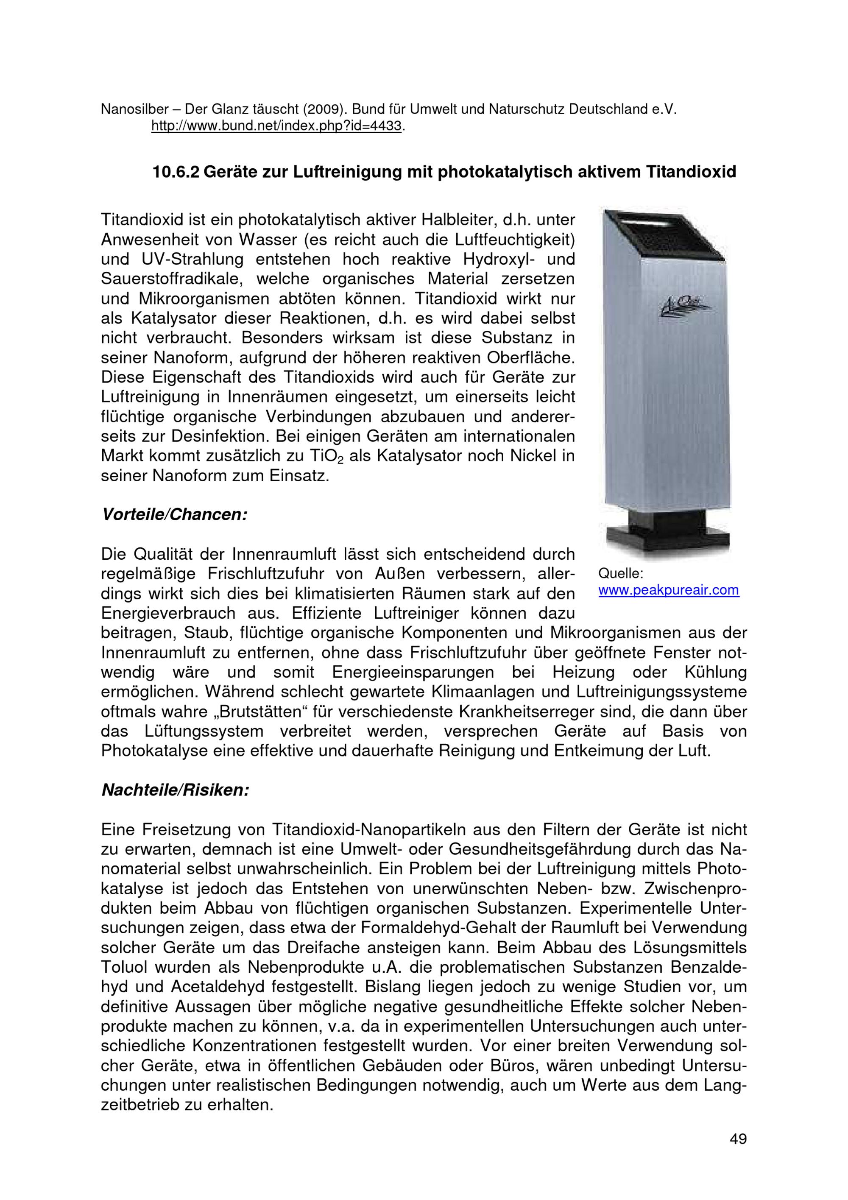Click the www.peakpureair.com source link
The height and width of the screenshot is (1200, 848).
click(668, 591)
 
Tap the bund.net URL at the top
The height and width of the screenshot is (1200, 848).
click(276, 126)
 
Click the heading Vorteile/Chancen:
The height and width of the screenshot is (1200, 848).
click(174, 515)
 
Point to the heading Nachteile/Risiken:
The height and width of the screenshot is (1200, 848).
click(175, 790)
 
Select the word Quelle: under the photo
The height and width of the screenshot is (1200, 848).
click(621, 574)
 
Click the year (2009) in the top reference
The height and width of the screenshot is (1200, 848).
click(324, 110)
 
